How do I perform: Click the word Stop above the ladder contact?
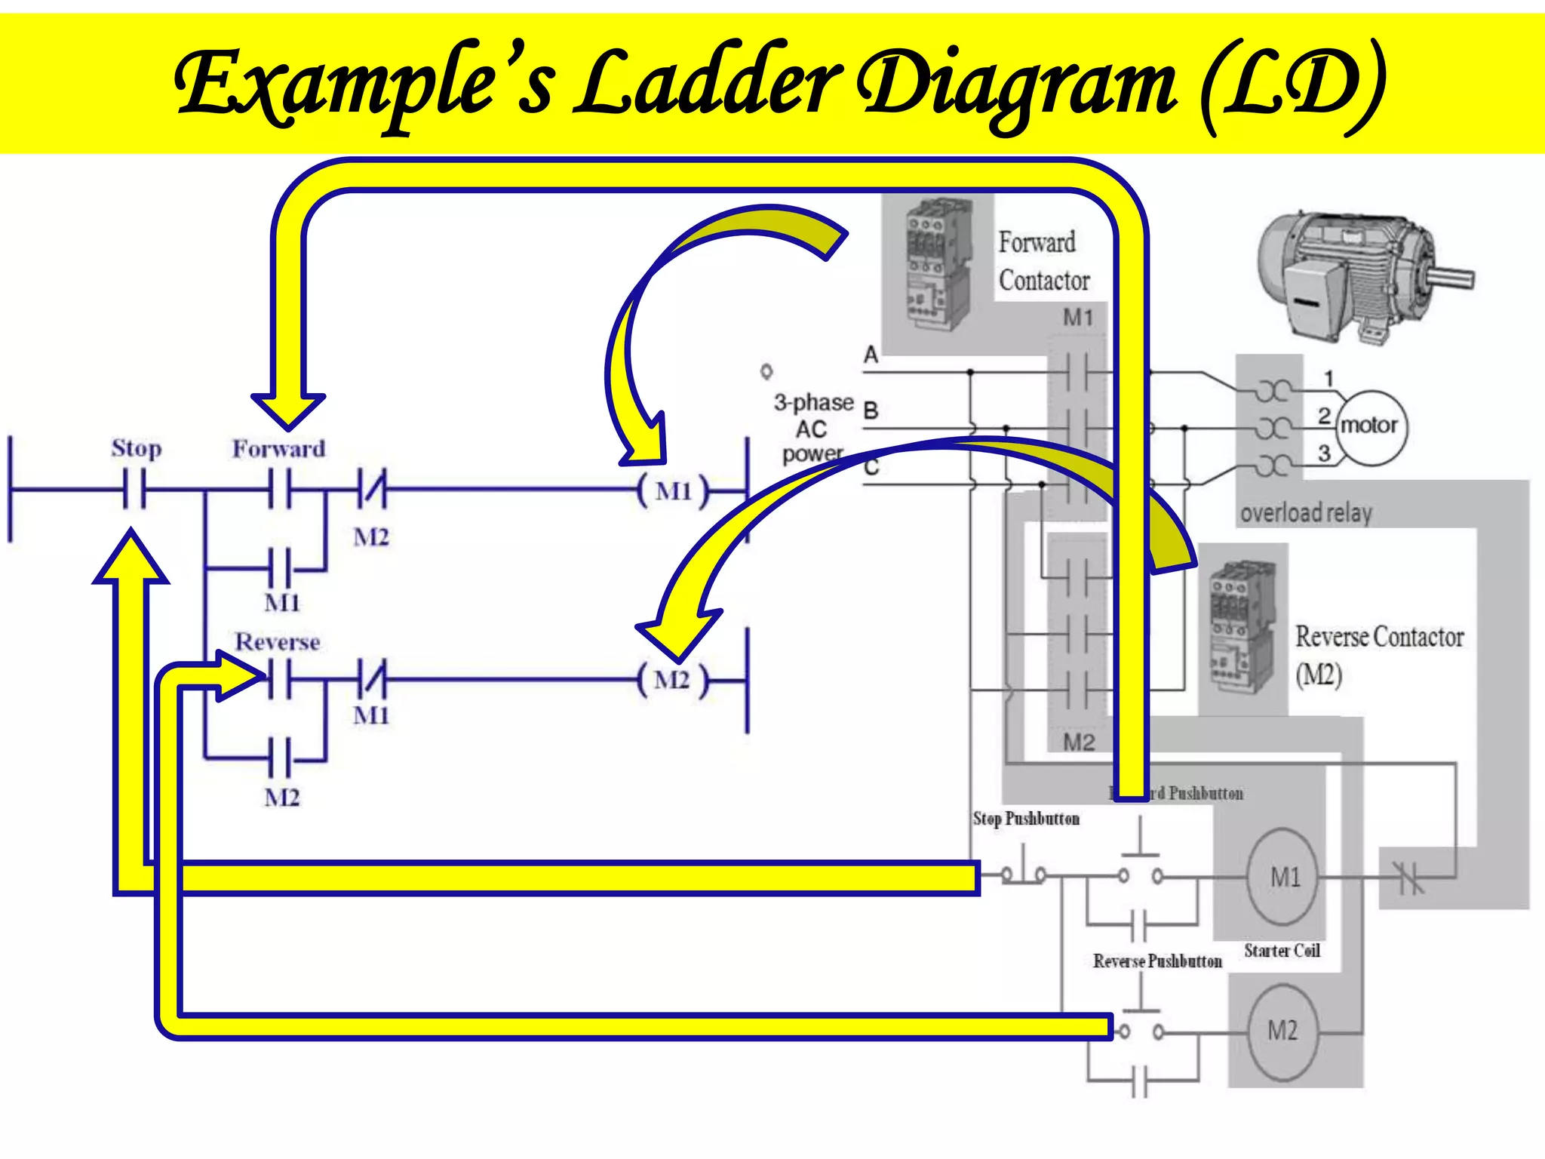[137, 448]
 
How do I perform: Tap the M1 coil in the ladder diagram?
[673, 492]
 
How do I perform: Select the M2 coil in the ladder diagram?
[671, 681]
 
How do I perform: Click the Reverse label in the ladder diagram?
[278, 642]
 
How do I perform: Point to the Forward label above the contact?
[278, 449]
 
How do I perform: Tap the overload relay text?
[1306, 513]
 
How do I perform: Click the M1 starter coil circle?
[1285, 877]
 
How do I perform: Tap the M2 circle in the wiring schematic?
[1282, 1031]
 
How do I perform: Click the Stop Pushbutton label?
[1026, 819]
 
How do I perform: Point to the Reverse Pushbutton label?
[1157, 961]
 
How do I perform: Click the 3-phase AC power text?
[813, 428]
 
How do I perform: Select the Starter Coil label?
[1282, 951]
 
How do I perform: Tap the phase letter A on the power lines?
[871, 355]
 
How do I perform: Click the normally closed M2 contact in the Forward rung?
[371, 490]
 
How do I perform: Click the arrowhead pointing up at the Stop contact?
[131, 558]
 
